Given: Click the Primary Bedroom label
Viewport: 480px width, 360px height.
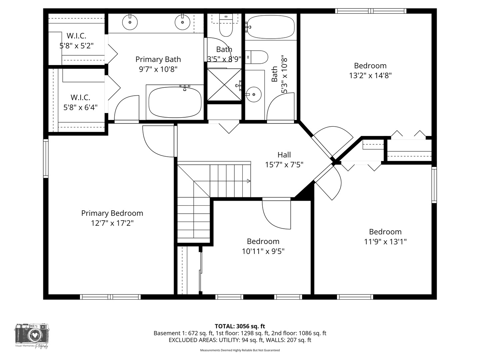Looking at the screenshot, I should [x=112, y=213].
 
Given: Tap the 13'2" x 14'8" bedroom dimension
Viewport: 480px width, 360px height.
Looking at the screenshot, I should [x=370, y=76].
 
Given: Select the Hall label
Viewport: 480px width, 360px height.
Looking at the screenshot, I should [x=284, y=155].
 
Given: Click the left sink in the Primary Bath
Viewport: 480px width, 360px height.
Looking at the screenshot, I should [x=130, y=22].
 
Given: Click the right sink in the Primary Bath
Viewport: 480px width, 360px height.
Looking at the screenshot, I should [x=182, y=22].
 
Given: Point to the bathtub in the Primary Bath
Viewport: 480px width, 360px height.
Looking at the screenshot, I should [x=175, y=102].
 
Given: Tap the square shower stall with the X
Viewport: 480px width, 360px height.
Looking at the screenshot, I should [x=224, y=84].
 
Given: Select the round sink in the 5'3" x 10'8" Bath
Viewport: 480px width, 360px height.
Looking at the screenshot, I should [x=254, y=94].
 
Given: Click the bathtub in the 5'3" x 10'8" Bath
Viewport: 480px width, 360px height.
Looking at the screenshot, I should [x=271, y=27].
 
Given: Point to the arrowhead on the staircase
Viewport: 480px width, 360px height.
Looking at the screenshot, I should [x=248, y=181].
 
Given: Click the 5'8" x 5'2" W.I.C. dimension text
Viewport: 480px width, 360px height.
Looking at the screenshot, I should [x=77, y=46].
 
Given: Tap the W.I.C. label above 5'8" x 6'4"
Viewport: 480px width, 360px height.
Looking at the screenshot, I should [x=80, y=97].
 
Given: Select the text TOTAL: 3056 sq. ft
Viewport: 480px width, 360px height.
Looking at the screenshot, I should [x=240, y=326].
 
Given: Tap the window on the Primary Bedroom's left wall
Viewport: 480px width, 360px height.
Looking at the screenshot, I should [x=46, y=158].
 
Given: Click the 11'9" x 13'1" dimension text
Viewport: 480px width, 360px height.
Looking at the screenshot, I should [x=385, y=242].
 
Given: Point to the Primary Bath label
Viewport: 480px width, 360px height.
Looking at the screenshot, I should [x=158, y=59].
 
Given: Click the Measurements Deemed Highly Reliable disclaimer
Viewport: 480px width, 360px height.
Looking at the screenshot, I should [x=240, y=350].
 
